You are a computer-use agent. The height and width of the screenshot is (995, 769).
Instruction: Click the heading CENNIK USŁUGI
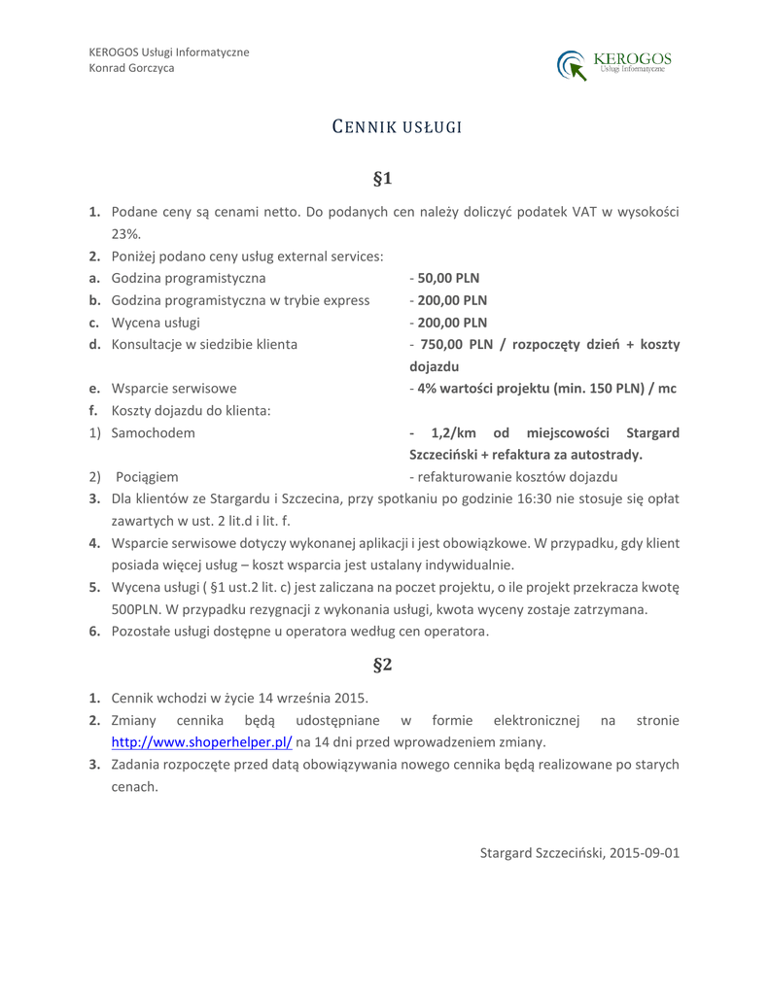383,126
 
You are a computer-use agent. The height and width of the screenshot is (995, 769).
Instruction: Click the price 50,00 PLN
448,278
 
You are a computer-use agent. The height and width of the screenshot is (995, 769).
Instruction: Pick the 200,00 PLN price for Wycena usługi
452,322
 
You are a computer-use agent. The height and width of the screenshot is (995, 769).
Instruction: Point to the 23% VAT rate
125,233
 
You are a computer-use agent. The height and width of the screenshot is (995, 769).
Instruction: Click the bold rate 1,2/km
452,431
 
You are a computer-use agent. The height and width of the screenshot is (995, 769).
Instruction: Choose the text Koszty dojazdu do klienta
191,410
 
